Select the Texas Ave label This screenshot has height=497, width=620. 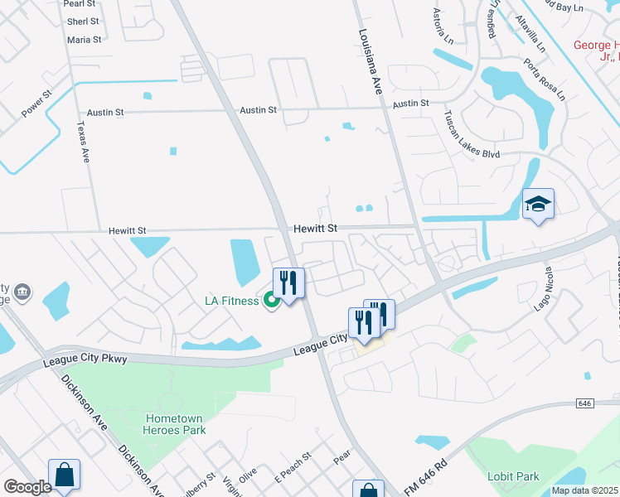pyautogui.click(x=82, y=142)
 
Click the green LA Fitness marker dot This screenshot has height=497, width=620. pyautogui.click(x=271, y=300)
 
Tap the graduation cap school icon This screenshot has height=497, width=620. pyautogui.click(x=538, y=204)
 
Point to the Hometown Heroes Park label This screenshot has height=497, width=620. pyautogui.click(x=175, y=424)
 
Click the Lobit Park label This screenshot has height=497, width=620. pyautogui.click(x=514, y=476)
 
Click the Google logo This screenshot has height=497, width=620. pyautogui.click(x=27, y=487)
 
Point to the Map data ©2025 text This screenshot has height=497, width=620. pyautogui.click(x=584, y=490)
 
